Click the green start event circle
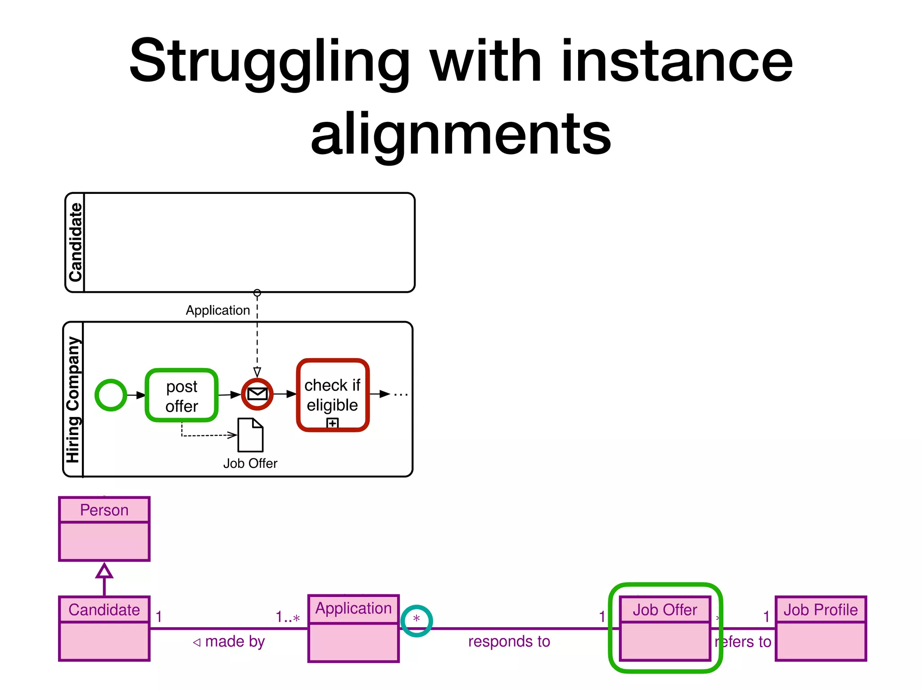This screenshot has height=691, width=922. click(x=111, y=395)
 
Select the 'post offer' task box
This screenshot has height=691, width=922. click(x=181, y=396)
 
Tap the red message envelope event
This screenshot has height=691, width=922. click(x=257, y=394)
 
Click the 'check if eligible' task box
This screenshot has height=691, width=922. click(x=332, y=395)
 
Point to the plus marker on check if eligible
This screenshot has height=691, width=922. click(x=332, y=423)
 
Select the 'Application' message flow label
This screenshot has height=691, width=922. click(x=218, y=310)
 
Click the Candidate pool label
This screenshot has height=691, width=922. click(x=75, y=242)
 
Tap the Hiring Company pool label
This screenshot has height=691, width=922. click(x=73, y=399)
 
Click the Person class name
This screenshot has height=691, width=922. click(x=104, y=510)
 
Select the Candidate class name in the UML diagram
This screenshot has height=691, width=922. click(x=104, y=610)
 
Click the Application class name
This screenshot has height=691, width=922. click(x=353, y=608)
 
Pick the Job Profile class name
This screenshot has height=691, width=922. click(x=820, y=610)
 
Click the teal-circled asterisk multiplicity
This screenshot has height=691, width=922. click(x=416, y=620)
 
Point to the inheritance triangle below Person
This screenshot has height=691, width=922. click(x=104, y=571)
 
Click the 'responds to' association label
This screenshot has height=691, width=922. click(x=509, y=642)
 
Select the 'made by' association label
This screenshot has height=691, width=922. click(x=230, y=642)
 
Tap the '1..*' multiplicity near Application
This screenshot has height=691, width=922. click(x=288, y=617)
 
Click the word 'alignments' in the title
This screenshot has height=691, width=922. click(x=461, y=134)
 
